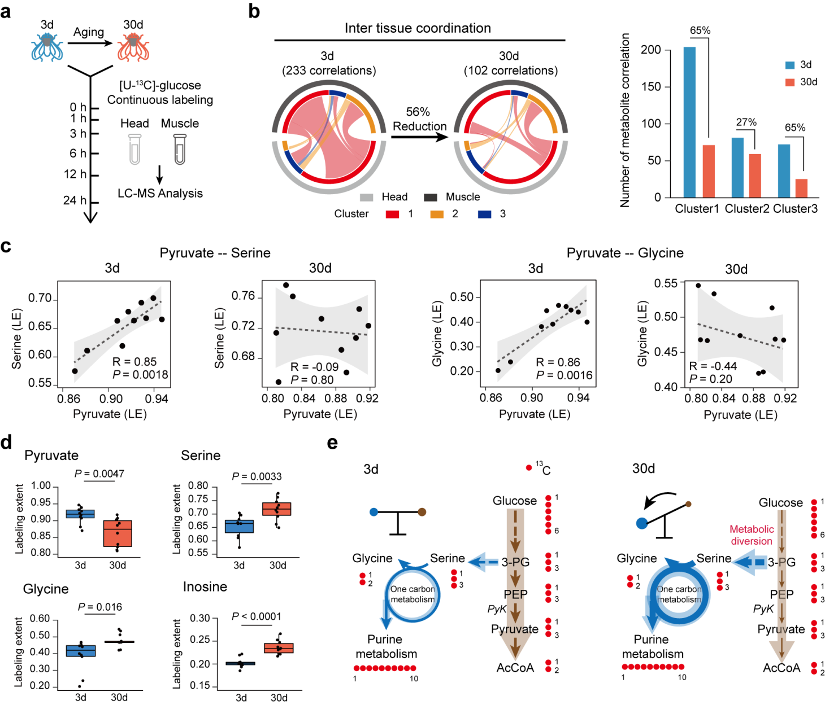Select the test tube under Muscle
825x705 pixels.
pyautogui.click(x=180, y=149)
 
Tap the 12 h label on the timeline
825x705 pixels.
pyautogui.click(x=75, y=174)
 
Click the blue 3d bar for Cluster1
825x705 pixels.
pyautogui.click(x=689, y=122)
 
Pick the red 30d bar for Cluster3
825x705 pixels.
pyautogui.click(x=801, y=188)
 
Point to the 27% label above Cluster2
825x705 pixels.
pyautogui.click(x=746, y=122)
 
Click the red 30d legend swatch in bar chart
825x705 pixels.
pyautogui.click(x=790, y=82)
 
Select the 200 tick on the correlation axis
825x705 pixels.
pyautogui.click(x=650, y=50)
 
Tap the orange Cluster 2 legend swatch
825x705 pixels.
pyautogui.click(x=437, y=214)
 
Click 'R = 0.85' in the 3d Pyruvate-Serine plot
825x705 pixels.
pyautogui.click(x=134, y=362)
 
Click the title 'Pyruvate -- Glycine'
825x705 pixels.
pyautogui.click(x=625, y=253)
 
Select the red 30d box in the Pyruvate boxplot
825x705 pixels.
pyautogui.click(x=118, y=533)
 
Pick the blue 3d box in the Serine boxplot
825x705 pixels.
pyautogui.click(x=240, y=526)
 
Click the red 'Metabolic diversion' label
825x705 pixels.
pyautogui.click(x=752, y=535)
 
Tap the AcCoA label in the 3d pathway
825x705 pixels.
pyautogui.click(x=515, y=668)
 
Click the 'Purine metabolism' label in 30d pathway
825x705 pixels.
pyautogui.click(x=653, y=647)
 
